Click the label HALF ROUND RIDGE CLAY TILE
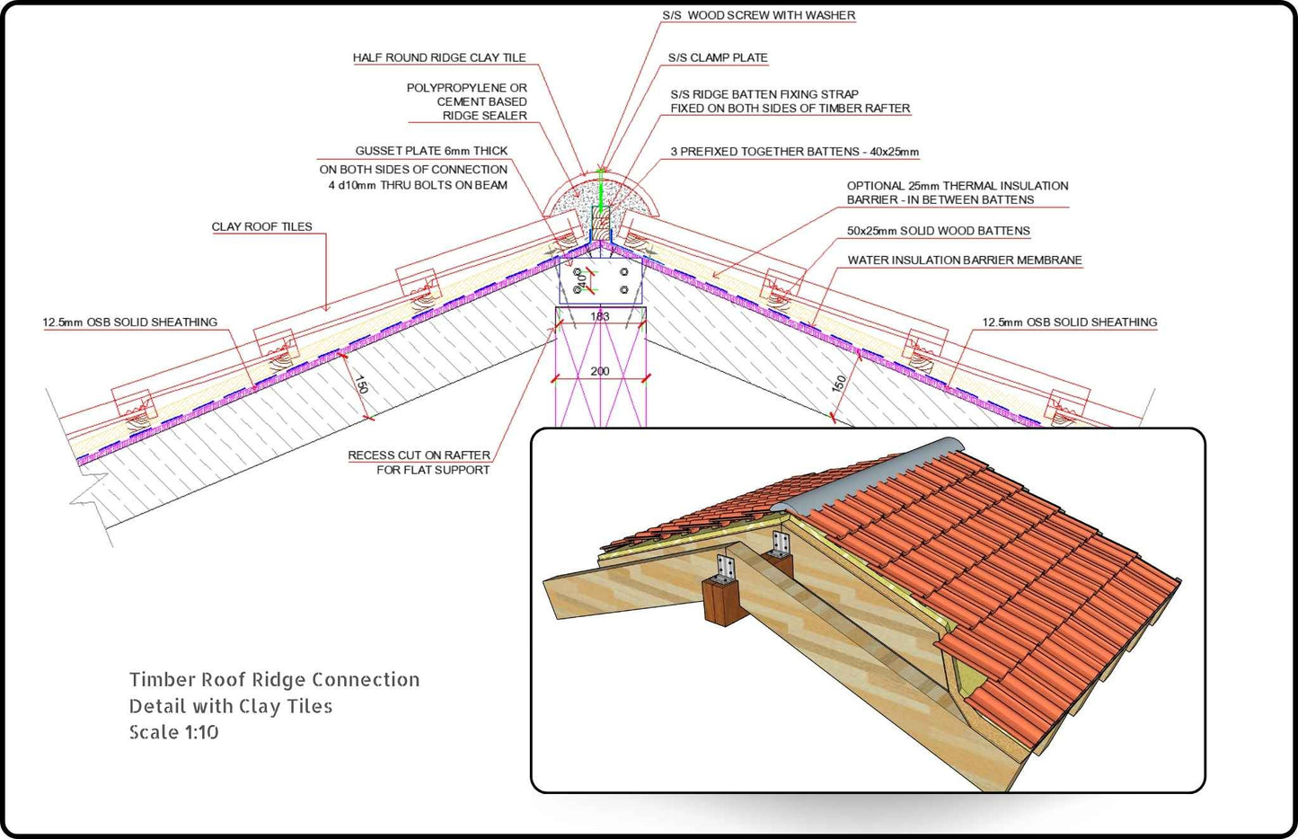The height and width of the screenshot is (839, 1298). (438, 57)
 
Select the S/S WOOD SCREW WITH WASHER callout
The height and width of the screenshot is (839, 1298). (758, 15)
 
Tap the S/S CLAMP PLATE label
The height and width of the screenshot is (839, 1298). (717, 57)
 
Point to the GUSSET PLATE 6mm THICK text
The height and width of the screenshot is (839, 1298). (431, 151)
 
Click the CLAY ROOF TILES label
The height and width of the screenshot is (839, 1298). (261, 226)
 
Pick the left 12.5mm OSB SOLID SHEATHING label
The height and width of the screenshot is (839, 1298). (129, 322)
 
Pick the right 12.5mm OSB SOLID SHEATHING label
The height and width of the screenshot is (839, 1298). (1069, 322)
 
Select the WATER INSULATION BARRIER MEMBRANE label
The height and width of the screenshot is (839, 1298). (964, 261)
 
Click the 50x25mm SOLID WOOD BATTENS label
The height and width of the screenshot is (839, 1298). (938, 231)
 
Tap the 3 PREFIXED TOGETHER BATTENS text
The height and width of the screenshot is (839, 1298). (794, 152)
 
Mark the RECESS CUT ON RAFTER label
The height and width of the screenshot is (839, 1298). (419, 455)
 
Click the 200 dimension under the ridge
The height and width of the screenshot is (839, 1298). (600, 371)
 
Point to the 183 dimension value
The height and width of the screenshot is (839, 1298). (600, 316)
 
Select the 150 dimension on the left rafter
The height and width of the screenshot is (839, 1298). (361, 384)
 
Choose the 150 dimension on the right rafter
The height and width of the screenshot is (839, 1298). (839, 384)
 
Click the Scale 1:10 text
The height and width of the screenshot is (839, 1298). (173, 732)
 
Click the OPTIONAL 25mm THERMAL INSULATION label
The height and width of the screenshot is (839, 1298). (957, 186)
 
